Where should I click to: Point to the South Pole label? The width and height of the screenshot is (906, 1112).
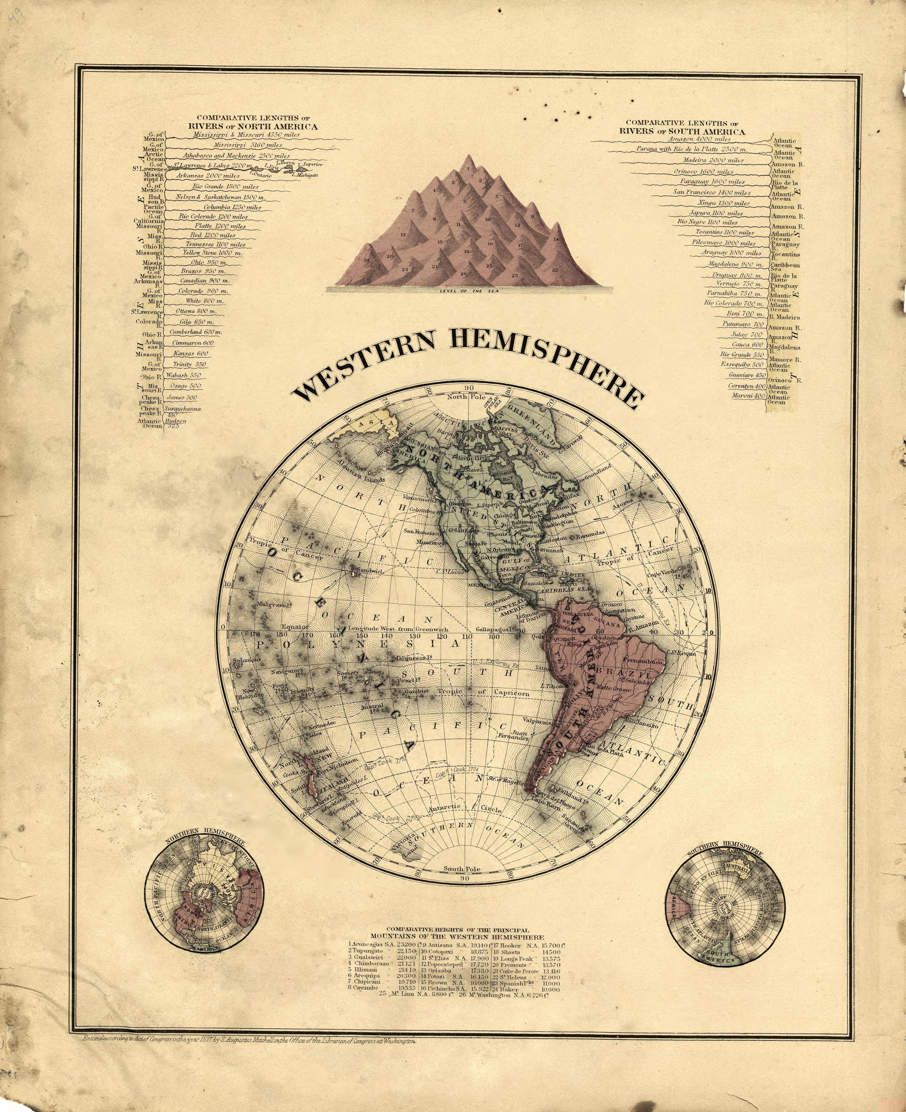tap(462, 869)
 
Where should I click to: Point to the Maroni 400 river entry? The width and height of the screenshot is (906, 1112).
tap(748, 396)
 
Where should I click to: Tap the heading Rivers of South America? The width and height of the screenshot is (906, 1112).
tap(682, 131)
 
